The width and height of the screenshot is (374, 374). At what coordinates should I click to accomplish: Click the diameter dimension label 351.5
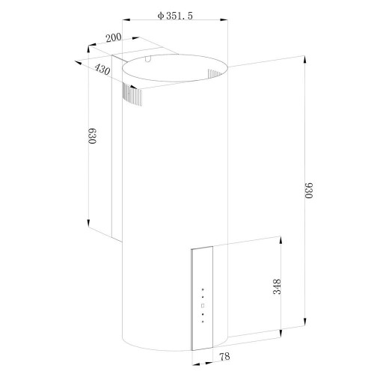180,16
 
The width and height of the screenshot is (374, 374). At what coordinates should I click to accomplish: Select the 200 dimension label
114,37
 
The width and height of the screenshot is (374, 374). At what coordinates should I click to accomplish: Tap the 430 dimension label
102,70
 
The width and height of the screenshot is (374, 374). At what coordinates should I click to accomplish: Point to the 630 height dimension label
92,136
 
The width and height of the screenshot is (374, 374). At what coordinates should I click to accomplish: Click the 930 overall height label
309,191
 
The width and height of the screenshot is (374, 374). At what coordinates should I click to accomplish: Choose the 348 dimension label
277,286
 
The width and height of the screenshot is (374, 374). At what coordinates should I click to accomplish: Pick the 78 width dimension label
224,357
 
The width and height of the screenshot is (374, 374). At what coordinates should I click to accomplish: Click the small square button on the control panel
203,305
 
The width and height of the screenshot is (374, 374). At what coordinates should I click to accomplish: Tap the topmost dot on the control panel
203,289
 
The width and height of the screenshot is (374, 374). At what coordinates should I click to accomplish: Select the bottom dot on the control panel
203,322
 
